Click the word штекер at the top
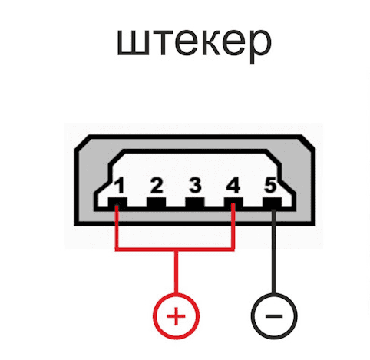coord(194,43)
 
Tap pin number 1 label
coord(120,185)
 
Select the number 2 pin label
coord(157,185)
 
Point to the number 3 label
coord(195,185)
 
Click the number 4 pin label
coord(233,185)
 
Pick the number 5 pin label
coord(270,185)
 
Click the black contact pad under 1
coord(117,203)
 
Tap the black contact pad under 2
coord(156,203)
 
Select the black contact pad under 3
coord(195,203)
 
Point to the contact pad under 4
coord(233,203)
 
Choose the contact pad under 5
coord(272,203)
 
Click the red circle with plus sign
coord(176,316)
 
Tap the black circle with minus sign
coord(274,316)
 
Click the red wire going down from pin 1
coord(117,228)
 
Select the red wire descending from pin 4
coord(233,227)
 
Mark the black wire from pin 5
coord(274,252)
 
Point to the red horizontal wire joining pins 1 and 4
coord(175,249)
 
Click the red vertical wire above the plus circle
coord(176,272)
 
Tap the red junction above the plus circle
coord(176,249)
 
